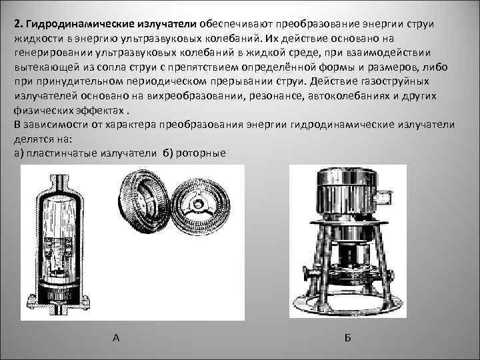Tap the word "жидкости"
tap(37, 39)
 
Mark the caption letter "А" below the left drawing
tap(116, 338)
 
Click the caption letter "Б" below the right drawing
tap(347, 338)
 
